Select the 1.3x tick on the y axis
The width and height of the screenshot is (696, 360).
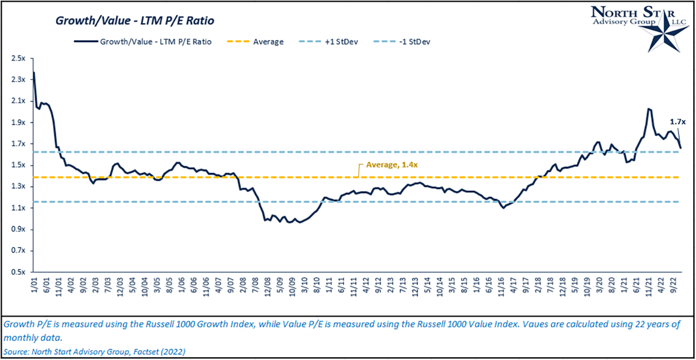[17, 187]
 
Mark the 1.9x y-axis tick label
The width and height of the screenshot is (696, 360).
[17, 122]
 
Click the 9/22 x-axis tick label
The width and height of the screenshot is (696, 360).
[673, 286]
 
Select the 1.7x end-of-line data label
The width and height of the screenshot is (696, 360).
[676, 122]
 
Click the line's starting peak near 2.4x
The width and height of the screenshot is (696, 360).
[34, 72]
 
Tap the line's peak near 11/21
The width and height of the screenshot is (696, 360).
[649, 109]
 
